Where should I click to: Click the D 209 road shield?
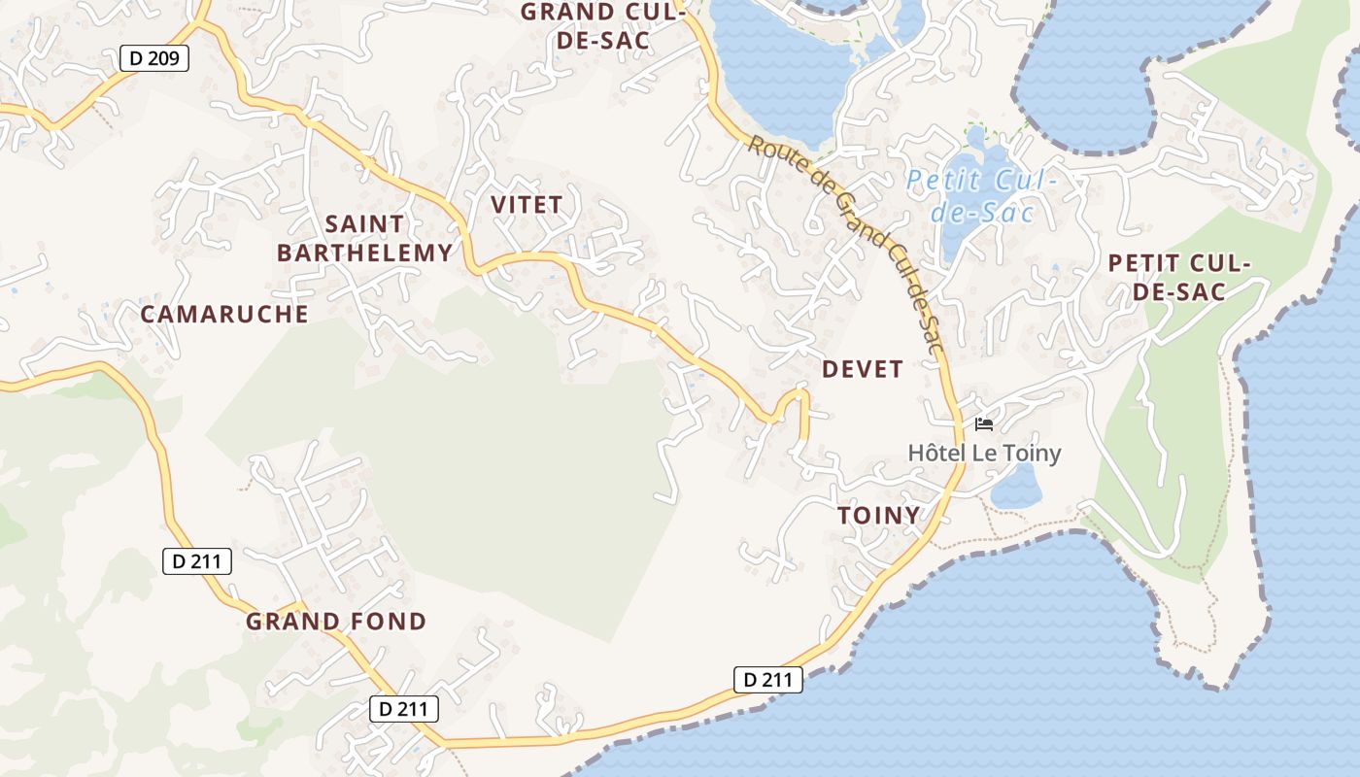click(153, 58)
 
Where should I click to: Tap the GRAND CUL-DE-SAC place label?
click(602, 26)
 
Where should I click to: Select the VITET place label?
click(527, 205)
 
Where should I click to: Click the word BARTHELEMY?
click(364, 253)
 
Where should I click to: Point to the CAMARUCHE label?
click(224, 315)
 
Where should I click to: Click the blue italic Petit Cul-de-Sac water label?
click(980, 195)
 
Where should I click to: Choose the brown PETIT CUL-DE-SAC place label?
click(1179, 277)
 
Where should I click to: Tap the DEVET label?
click(863, 369)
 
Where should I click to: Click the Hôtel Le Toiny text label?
click(984, 453)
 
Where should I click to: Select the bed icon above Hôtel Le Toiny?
click(984, 424)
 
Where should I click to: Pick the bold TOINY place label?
click(879, 516)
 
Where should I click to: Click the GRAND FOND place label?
click(336, 622)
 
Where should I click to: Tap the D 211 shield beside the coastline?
click(767, 680)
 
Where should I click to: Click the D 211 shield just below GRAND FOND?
click(403, 709)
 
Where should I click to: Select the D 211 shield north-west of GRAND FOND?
click(196, 560)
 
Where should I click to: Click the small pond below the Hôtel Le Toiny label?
click(1016, 488)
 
